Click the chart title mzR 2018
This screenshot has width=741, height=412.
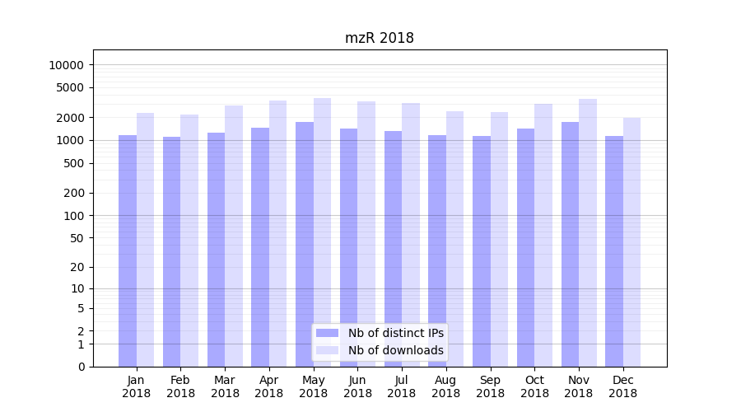coord(379,38)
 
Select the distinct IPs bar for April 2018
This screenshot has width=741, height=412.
coord(260,247)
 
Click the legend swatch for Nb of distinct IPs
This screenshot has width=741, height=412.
coord(327,333)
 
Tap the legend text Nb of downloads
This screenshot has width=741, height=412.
coord(395,350)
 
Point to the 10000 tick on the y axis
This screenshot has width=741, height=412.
coord(67,65)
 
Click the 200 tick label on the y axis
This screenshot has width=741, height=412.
coord(73,193)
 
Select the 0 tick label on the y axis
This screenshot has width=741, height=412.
coord(81,367)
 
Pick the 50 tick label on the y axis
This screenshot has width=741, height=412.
coord(77,238)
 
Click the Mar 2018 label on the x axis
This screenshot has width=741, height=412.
coord(225,386)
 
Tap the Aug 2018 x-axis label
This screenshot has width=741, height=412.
coord(445,386)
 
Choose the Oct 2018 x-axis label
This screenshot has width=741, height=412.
coord(534,386)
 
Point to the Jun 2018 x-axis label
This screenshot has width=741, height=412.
coord(357,386)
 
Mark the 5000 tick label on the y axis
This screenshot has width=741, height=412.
coord(70,87)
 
